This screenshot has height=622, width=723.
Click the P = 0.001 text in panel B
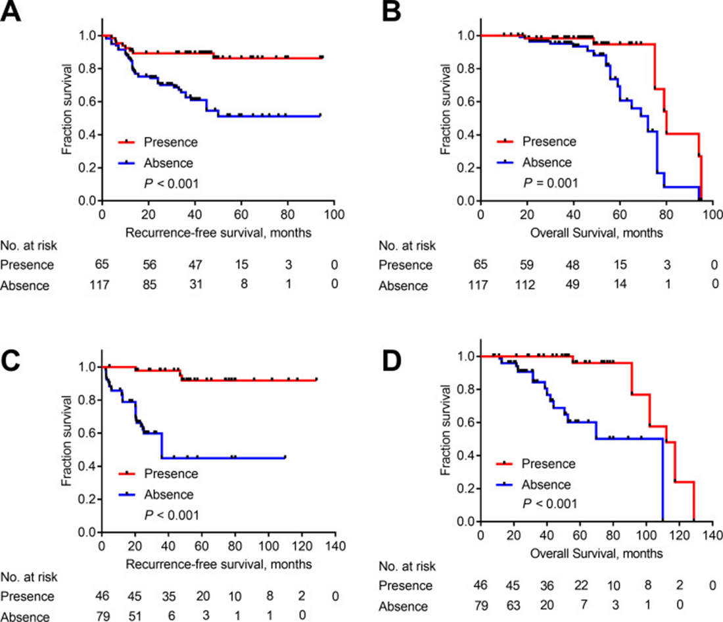(x=550, y=183)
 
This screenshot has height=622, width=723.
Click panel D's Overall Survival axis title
(x=596, y=554)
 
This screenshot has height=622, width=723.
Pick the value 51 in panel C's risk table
(x=135, y=617)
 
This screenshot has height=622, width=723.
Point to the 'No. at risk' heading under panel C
(x=30, y=577)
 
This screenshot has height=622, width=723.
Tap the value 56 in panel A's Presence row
(x=149, y=264)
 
